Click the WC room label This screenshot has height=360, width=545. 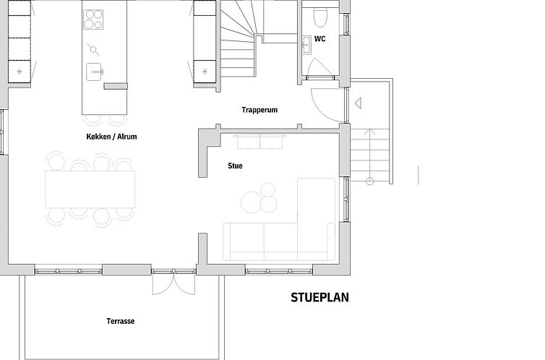click(x=319, y=38)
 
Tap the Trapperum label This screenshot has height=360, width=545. click(x=259, y=110)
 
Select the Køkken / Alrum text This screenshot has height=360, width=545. click(x=111, y=137)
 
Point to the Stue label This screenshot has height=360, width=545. click(x=236, y=166)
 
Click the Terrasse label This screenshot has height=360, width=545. click(x=121, y=321)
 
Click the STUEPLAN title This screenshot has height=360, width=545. click(x=319, y=298)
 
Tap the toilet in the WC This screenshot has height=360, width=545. click(x=320, y=17)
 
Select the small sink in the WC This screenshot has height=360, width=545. click(x=306, y=45)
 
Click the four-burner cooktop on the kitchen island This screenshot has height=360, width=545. click(x=93, y=20)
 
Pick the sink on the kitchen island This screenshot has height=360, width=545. click(x=94, y=72)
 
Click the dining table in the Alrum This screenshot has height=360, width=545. click(x=90, y=189)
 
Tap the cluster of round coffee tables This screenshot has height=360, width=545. click(x=259, y=198)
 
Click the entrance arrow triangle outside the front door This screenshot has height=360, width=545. click(x=358, y=103)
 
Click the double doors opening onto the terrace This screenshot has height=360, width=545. click(x=173, y=282)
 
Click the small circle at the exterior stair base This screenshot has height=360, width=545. click(x=370, y=181)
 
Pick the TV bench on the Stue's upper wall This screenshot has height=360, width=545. click(x=260, y=141)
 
